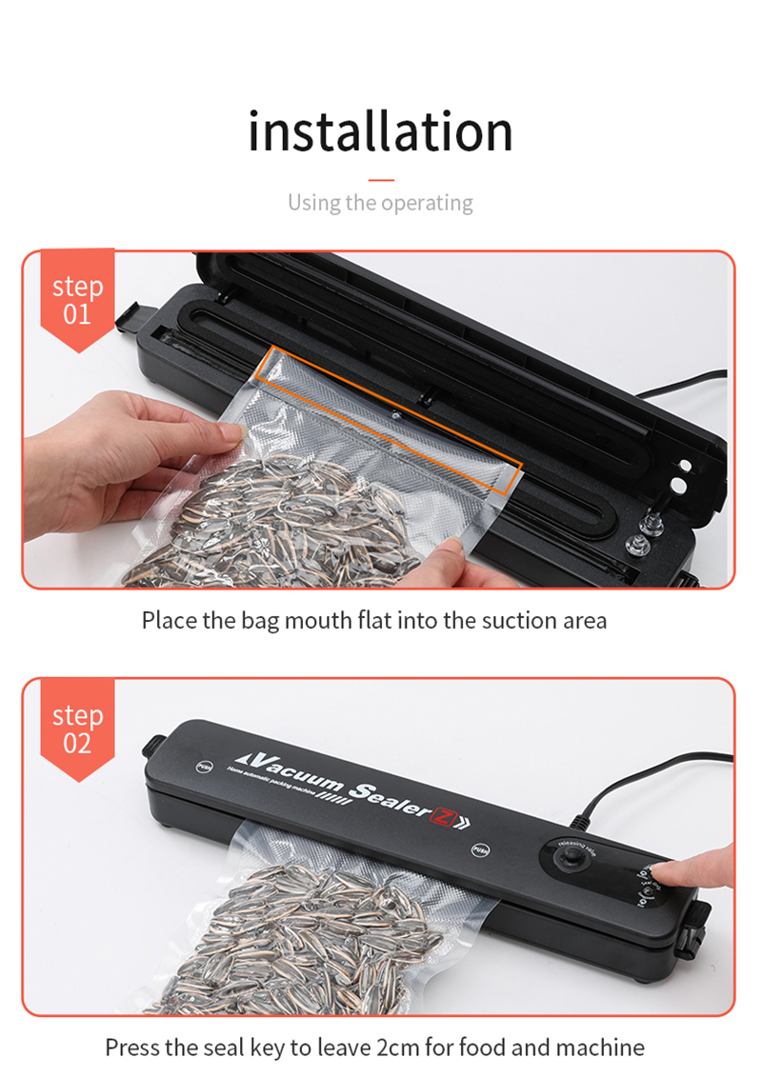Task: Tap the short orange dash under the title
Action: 380,179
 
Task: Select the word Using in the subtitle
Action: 313,203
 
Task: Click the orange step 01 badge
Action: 77,299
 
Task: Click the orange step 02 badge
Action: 77,729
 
